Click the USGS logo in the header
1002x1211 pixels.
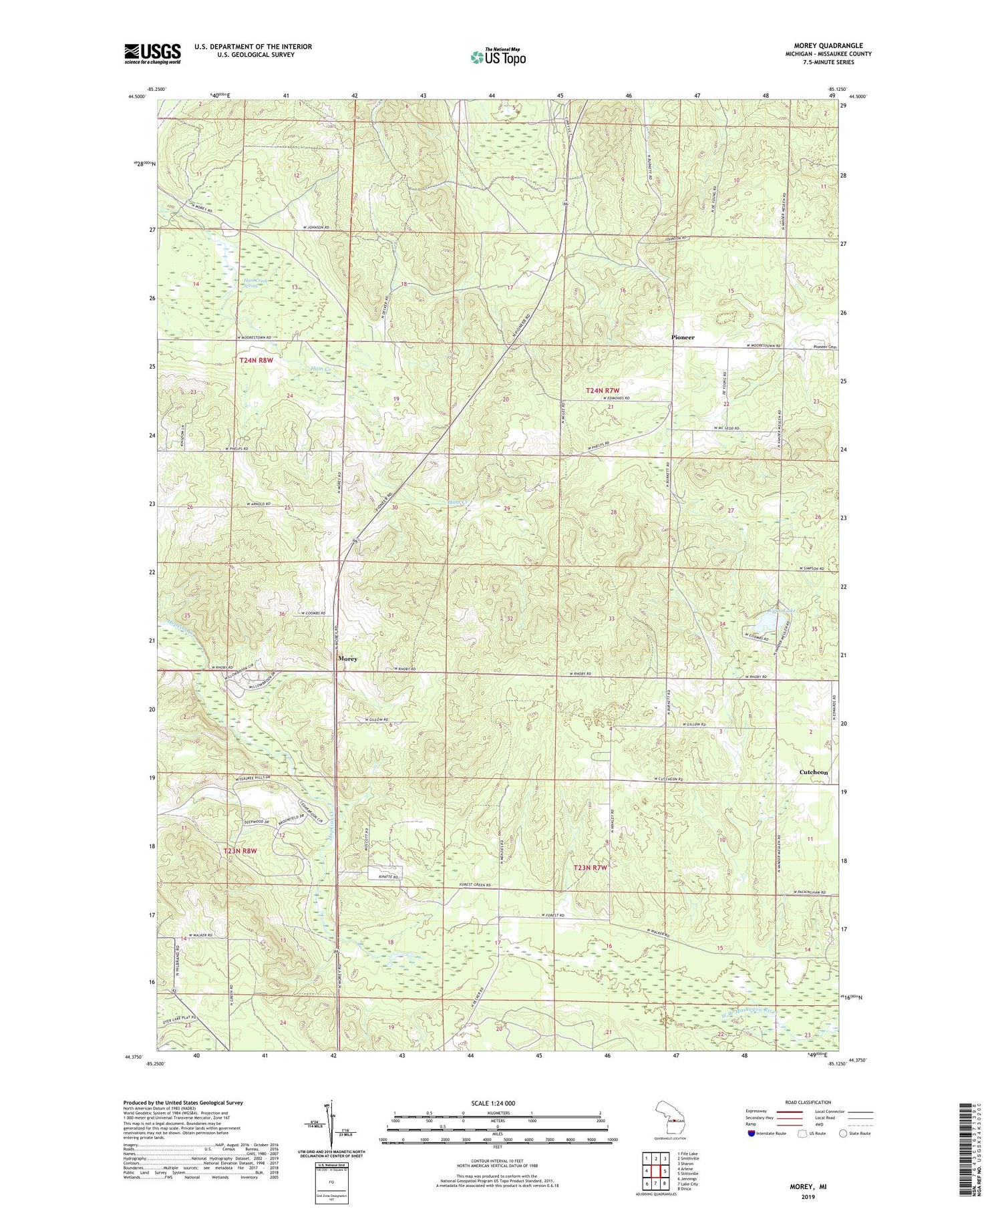click(152, 53)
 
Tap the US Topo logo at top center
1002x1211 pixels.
click(498, 57)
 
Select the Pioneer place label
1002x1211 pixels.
click(683, 337)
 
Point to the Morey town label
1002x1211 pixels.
click(347, 659)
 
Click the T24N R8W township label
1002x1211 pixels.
click(257, 361)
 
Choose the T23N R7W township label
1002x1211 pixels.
click(591, 868)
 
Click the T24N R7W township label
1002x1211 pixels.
click(603, 390)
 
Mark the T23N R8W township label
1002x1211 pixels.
click(240, 852)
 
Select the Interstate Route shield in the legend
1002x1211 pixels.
click(752, 1134)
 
